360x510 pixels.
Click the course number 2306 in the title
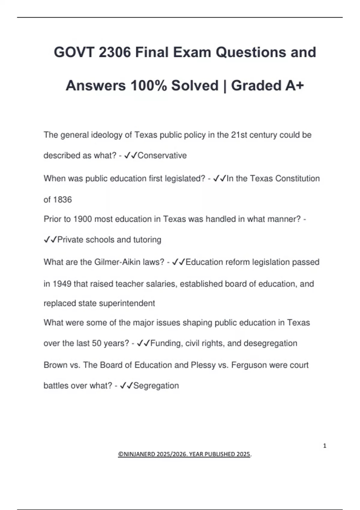click(x=115, y=52)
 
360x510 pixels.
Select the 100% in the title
click(x=148, y=85)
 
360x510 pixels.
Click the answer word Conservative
click(x=162, y=155)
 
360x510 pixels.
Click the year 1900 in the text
click(x=82, y=219)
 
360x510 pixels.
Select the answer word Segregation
click(x=156, y=385)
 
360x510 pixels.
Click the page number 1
click(x=325, y=446)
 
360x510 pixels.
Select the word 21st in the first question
click(x=239, y=135)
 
